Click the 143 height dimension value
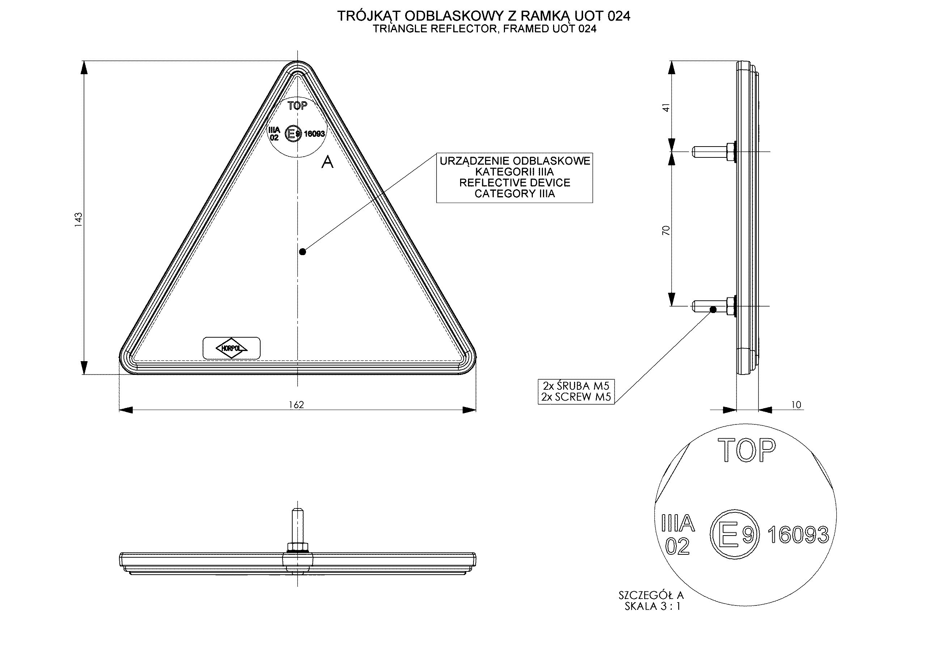tap(78, 220)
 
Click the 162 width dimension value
tap(297, 405)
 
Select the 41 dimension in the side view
tap(666, 108)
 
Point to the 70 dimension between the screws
tap(666, 231)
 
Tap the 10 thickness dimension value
tap(796, 405)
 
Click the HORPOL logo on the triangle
tap(231, 348)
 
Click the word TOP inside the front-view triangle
tap(298, 106)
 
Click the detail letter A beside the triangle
tap(327, 162)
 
